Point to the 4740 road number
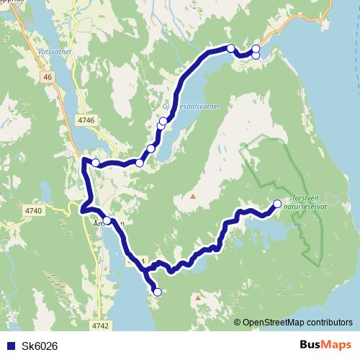pos(32,210)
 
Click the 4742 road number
pos(101,325)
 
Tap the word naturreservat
pos(306,205)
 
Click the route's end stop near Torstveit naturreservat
pos(278,204)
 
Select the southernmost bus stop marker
pos(157,292)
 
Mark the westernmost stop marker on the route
pos(96,163)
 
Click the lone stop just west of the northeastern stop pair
pos(230,48)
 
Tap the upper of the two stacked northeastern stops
pos(256,48)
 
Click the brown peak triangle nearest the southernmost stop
pos(198,297)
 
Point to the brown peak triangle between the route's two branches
pos(193,195)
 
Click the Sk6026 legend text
pos(40,345)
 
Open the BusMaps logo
pos(325,344)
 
